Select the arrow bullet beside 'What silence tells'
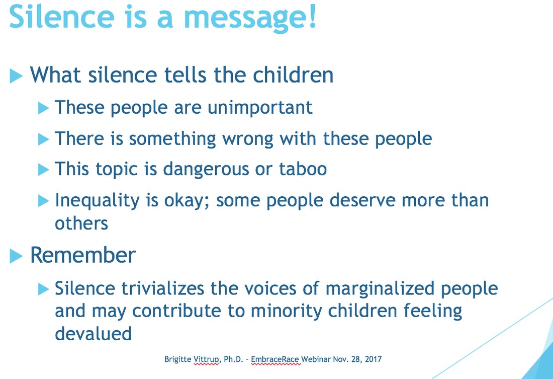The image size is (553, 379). coord(16,76)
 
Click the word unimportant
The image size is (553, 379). coord(260,107)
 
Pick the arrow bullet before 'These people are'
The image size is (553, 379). coord(43,108)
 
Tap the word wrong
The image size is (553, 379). coord(247,139)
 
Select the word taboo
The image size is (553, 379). coord(303,169)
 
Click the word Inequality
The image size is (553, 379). coord(98,201)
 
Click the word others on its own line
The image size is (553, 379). coord(81,223)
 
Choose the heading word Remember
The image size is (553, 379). coord(83,255)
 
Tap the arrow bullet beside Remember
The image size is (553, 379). coord(16,256)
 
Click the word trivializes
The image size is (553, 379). coord(162,288)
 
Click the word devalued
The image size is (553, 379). coord(94,333)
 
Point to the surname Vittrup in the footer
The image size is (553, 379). coord(207,359)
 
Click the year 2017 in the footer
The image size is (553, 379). coord(373,359)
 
